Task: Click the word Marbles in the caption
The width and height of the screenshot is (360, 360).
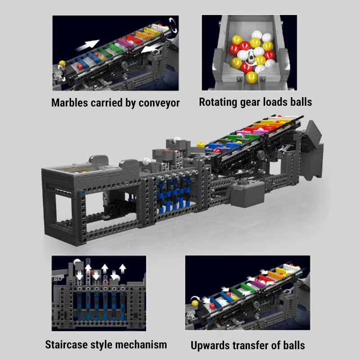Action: pos(70,103)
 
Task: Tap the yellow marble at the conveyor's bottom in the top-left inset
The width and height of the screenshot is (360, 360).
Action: pos(63,63)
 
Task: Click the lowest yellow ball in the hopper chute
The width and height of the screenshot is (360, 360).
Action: pos(252,78)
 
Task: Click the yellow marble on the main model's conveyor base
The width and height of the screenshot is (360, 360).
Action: pos(201,145)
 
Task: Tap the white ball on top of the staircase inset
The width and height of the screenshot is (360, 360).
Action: pos(78,261)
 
